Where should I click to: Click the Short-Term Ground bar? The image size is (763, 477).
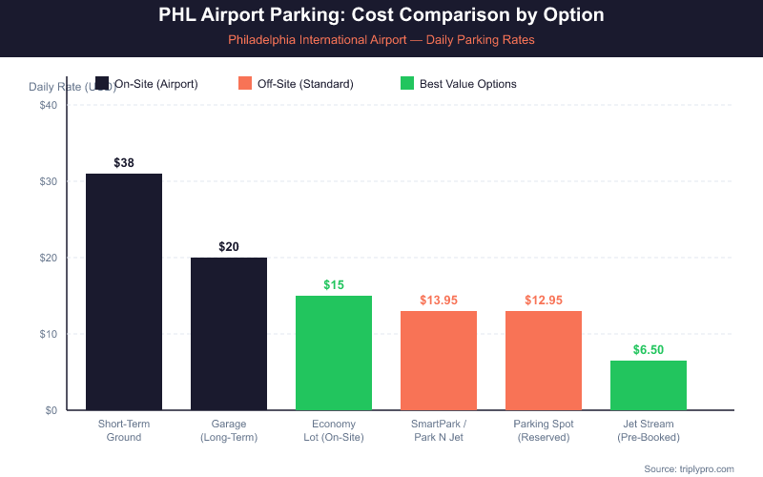[124, 292]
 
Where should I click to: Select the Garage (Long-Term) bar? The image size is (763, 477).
[229, 334]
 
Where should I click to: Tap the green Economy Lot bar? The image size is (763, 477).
[334, 353]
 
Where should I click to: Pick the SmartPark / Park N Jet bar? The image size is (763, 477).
[439, 361]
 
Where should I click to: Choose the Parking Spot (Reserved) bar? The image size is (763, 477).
[544, 361]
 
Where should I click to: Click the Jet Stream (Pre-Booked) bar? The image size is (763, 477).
[649, 385]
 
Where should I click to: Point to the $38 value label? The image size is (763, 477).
[124, 163]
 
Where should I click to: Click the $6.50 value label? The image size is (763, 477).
[649, 350]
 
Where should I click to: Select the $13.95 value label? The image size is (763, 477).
[439, 301]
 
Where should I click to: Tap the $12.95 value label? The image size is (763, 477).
[544, 301]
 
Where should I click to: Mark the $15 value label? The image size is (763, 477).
[334, 285]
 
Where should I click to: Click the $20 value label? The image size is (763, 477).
[229, 247]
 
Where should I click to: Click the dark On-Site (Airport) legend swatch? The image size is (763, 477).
[103, 84]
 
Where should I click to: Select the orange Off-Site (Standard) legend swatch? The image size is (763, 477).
[246, 84]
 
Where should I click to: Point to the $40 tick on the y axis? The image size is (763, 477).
[49, 105]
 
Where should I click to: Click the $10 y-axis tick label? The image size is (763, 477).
[49, 334]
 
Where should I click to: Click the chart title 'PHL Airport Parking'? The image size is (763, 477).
[381, 16]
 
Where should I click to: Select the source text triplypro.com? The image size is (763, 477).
[689, 468]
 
